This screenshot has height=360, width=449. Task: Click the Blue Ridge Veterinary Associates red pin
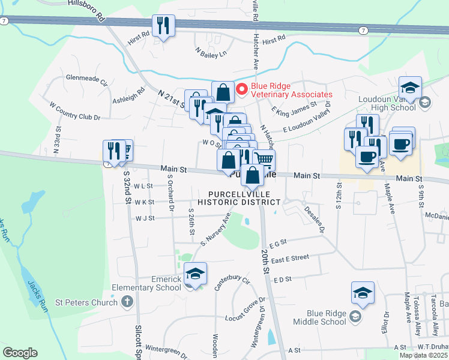pos(243,90)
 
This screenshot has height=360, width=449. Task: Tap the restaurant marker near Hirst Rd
pos(163,26)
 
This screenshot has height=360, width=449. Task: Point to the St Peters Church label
pos(86,302)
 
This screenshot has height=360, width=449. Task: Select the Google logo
pos(20,352)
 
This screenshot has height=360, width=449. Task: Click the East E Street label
pos(290,257)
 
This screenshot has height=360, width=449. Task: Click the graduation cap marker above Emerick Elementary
pos(195,273)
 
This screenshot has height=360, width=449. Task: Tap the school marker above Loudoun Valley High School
pos(411,87)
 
